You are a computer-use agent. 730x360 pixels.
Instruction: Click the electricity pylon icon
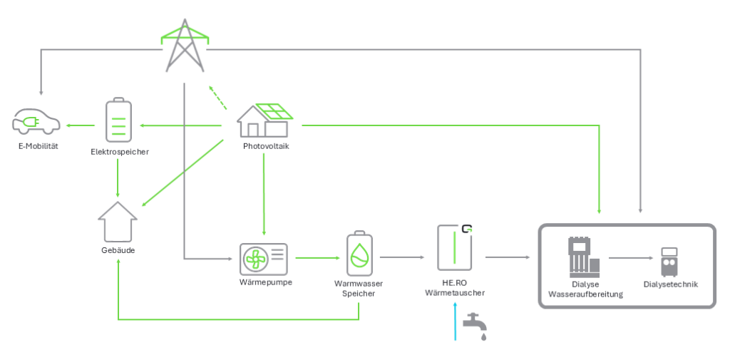(x=185, y=46)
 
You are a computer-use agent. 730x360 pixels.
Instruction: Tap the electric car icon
(x=37, y=122)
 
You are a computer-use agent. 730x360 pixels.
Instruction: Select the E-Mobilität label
(x=38, y=146)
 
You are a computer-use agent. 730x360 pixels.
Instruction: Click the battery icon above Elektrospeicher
(x=119, y=120)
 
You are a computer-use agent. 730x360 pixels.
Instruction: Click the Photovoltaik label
(x=266, y=146)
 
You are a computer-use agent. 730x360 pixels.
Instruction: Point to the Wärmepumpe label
(x=266, y=282)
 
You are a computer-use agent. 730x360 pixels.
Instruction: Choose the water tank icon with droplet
(x=359, y=254)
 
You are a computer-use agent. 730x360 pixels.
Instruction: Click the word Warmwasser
(x=359, y=284)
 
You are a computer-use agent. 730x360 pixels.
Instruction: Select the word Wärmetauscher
(x=455, y=292)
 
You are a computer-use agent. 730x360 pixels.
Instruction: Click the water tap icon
(x=475, y=324)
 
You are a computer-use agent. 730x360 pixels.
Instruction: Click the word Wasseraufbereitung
(x=585, y=293)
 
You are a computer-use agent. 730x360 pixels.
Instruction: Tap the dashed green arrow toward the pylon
(x=217, y=98)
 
